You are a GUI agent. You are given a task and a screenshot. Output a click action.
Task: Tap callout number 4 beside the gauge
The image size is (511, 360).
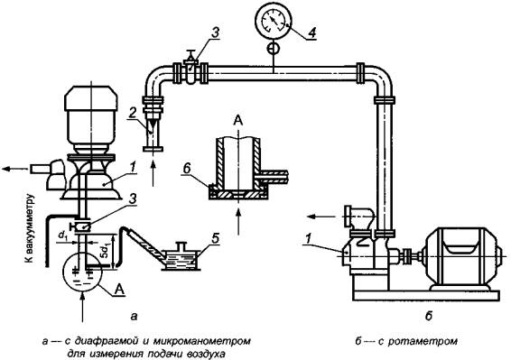coord(311,32)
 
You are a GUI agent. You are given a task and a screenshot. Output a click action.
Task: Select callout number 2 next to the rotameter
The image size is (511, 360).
coord(132,113)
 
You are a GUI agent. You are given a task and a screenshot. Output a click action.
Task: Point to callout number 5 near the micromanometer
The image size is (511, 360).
coord(215,238)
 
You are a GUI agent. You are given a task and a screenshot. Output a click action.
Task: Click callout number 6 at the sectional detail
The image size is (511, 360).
coord(186,169)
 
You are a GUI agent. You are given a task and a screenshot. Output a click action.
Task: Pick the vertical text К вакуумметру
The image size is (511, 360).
coord(30,228)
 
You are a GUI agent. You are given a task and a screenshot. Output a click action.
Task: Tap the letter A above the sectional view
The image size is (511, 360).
coord(238,121)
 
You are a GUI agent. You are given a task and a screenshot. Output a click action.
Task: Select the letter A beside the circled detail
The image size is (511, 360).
coord(120,290)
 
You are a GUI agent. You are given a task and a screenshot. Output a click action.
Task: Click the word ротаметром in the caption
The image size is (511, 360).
coord(423,341)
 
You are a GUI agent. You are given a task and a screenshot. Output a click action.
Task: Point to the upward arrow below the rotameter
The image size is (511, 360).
coord(153,172)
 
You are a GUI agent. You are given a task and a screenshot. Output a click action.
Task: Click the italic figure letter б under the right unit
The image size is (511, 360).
coord(429,315)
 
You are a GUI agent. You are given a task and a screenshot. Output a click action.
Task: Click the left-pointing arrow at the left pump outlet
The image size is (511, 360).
coord(15,169)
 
